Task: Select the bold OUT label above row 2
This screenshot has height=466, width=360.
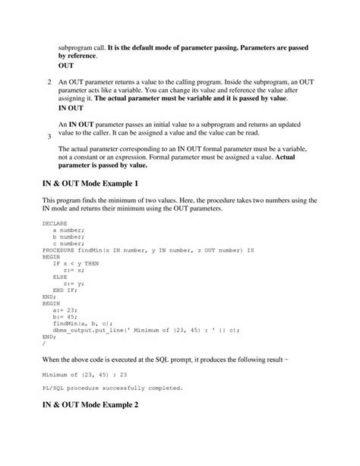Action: pos(66,65)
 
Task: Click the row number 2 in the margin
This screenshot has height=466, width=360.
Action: pos(49,81)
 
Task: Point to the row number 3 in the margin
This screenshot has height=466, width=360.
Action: pos(49,137)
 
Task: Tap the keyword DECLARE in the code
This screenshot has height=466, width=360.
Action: pos(55,223)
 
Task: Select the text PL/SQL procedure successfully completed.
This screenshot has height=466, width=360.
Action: pos(112,388)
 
